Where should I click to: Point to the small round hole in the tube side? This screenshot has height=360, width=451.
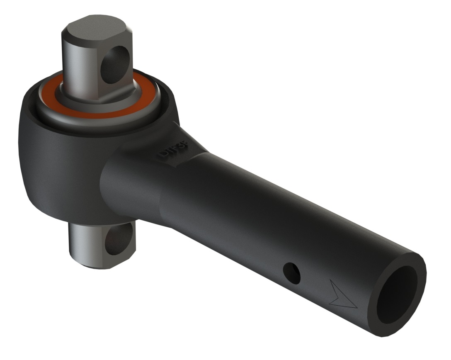pos(291,273)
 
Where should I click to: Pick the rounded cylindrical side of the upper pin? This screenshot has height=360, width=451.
pos(79,62)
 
